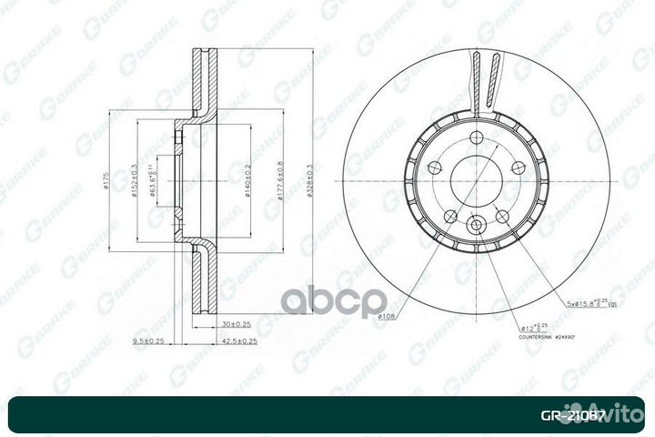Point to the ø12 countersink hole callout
point(534,326)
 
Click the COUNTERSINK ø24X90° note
point(549,337)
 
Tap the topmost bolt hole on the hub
point(474,137)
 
